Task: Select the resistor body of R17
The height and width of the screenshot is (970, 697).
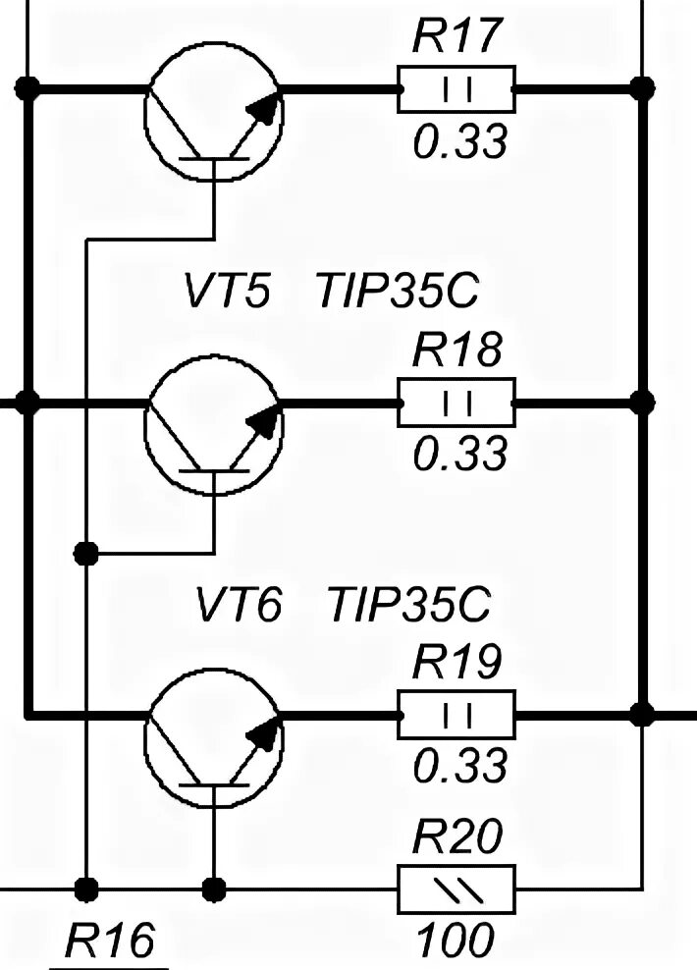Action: click(x=456, y=90)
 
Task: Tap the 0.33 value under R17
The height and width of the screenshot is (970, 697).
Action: click(x=459, y=143)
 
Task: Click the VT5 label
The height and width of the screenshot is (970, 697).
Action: click(x=226, y=293)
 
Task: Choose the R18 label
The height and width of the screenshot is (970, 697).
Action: click(x=457, y=350)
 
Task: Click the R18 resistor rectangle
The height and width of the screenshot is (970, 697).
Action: click(x=456, y=403)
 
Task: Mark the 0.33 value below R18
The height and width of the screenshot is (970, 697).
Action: click(x=459, y=455)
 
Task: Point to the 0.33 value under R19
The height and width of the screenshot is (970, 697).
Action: click(x=459, y=766)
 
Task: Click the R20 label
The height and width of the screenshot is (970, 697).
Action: click(x=457, y=837)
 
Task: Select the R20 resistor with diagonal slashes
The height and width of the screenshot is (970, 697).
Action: click(x=456, y=889)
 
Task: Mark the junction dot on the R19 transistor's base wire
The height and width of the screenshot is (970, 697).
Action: click(x=213, y=889)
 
